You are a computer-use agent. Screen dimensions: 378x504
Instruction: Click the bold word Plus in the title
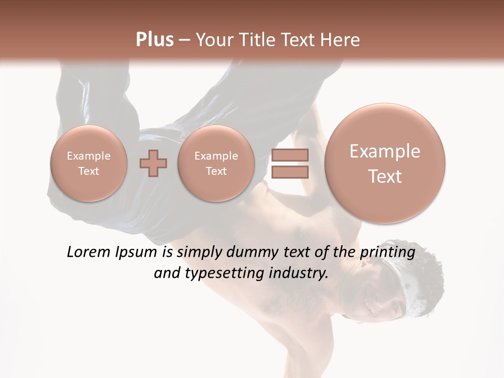[154, 40]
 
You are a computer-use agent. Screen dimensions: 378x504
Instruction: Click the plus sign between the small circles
[153, 163]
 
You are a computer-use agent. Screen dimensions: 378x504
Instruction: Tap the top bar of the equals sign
[289, 155]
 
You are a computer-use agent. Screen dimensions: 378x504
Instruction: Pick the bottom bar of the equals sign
[289, 172]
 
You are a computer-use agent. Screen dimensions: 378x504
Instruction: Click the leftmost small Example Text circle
[89, 163]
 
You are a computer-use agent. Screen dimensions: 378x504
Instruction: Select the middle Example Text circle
[216, 163]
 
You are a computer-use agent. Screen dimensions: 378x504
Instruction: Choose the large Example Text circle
[385, 163]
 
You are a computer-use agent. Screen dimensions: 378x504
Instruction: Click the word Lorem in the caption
[89, 253]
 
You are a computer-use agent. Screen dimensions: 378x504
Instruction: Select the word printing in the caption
[387, 253]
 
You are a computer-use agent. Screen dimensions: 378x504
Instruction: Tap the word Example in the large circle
[385, 151]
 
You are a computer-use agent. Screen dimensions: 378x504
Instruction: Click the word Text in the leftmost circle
[89, 171]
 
